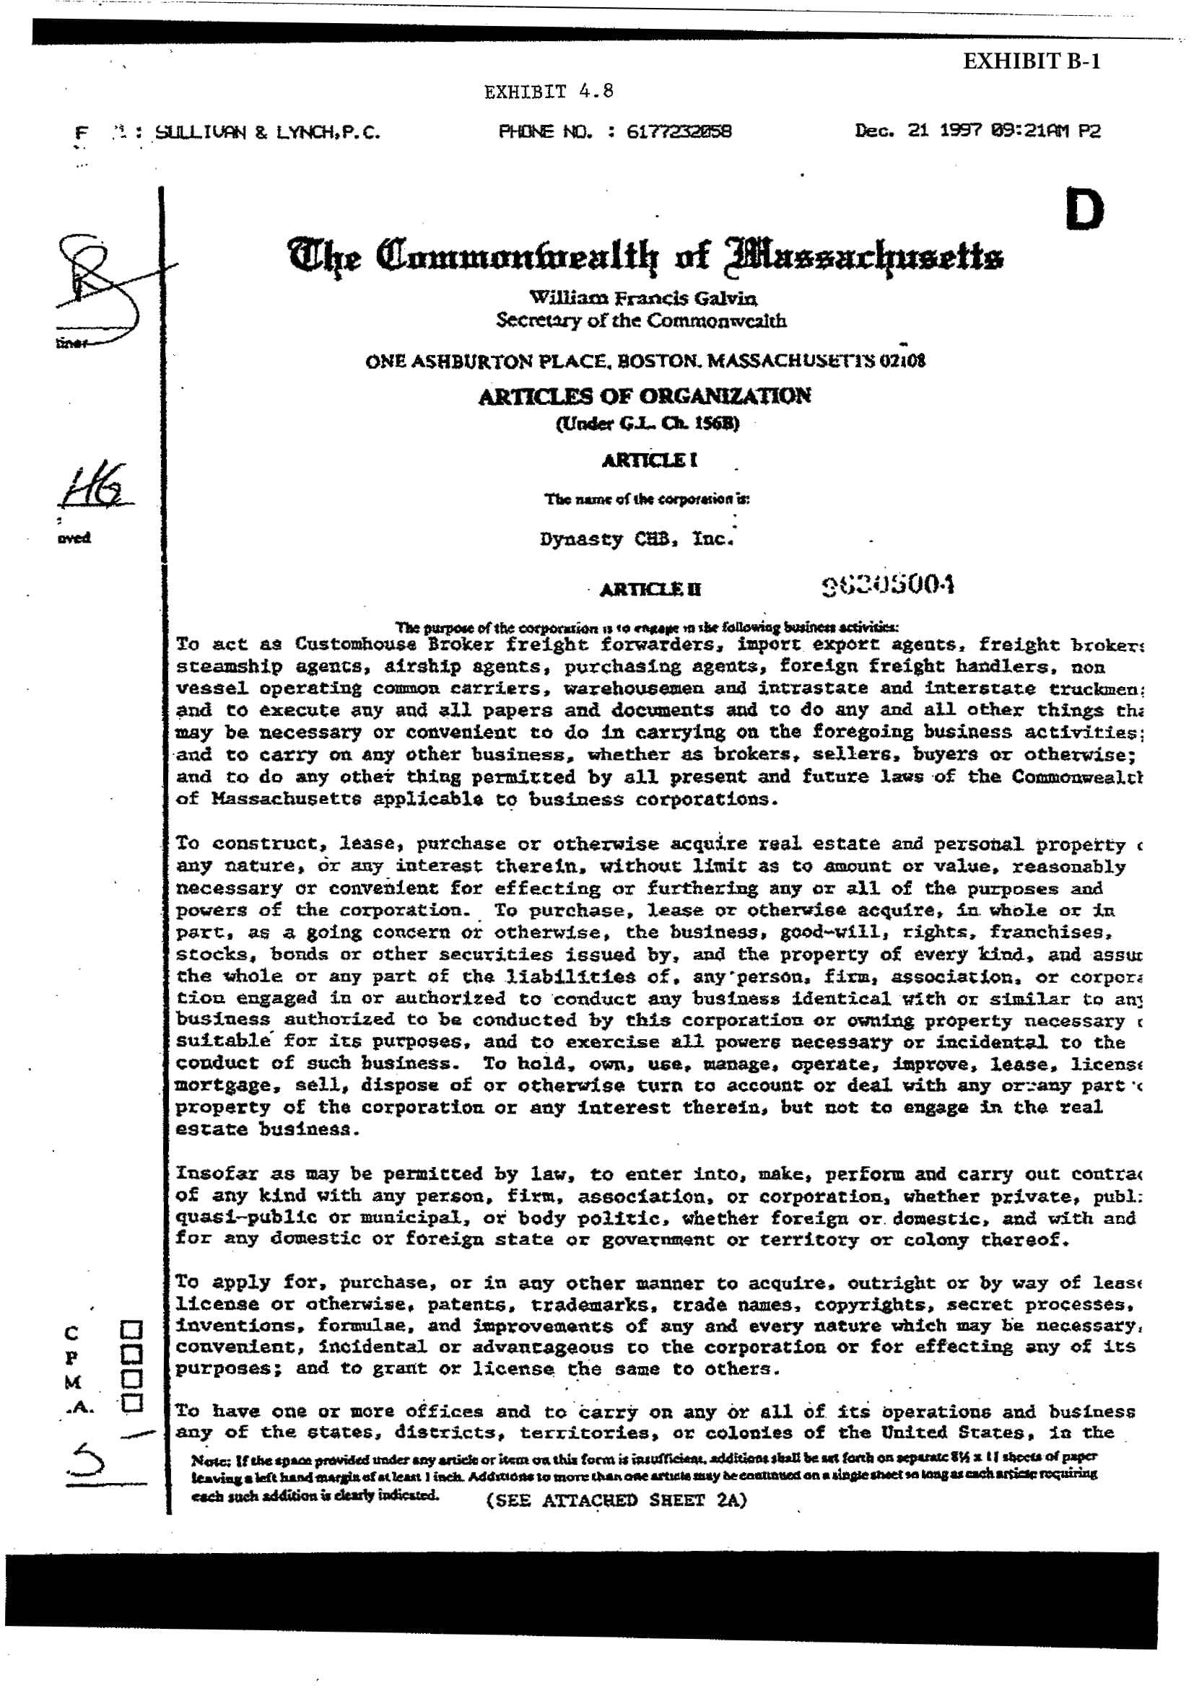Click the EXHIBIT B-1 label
tap(1031, 61)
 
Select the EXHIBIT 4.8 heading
tap(549, 92)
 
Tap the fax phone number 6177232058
tap(679, 132)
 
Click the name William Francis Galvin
tap(642, 299)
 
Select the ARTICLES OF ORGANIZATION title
tap(644, 396)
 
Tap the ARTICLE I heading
tap(649, 461)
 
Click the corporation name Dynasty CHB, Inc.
tap(637, 539)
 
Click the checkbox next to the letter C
tap(131, 1331)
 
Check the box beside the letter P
tap(131, 1354)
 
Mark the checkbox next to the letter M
tap(131, 1378)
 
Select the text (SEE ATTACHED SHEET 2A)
tap(616, 1500)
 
